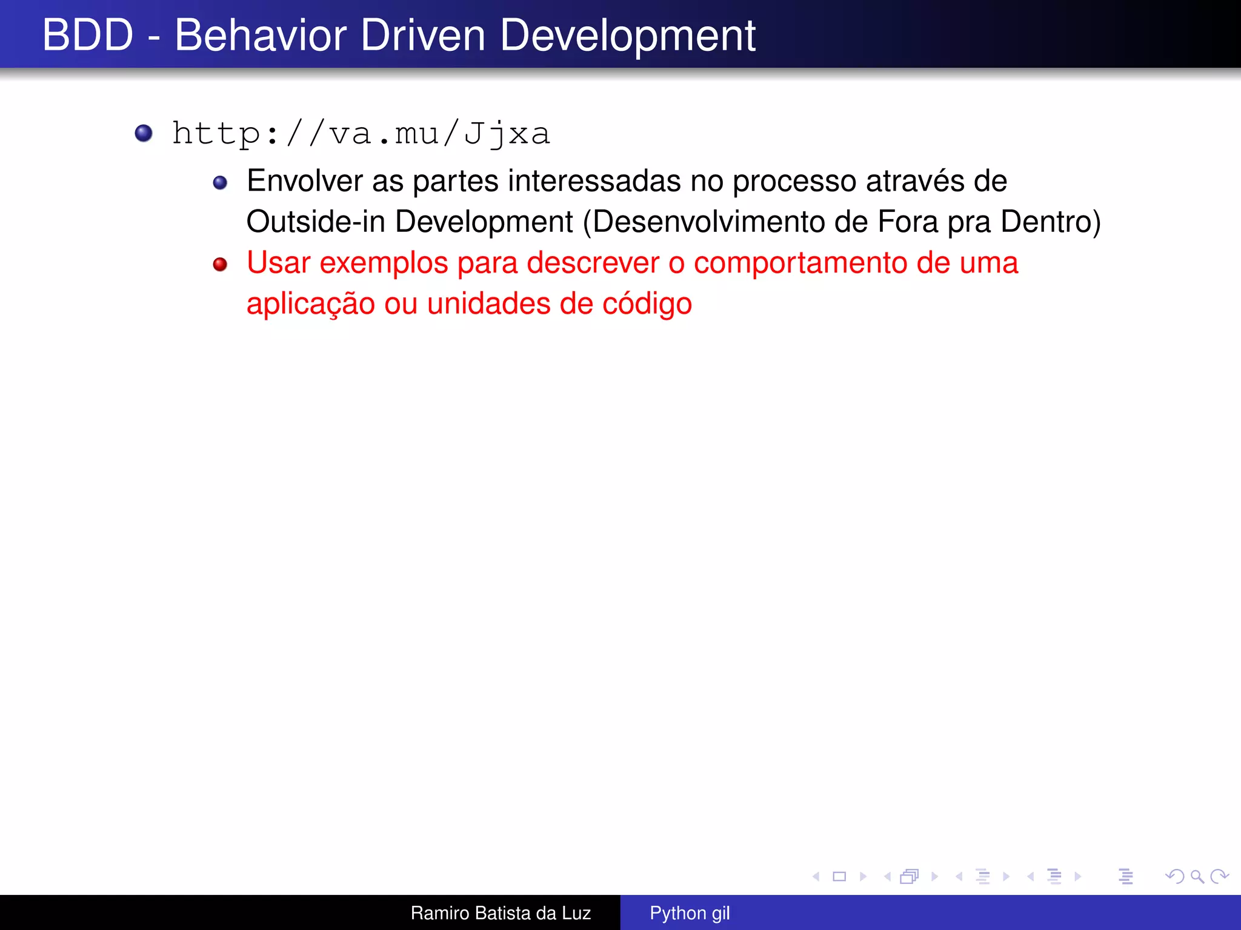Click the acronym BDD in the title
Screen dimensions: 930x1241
88,35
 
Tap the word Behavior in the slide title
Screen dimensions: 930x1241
261,35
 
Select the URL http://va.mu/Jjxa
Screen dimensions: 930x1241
361,134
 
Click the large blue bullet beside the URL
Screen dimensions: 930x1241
144,133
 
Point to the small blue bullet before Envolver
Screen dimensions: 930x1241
220,183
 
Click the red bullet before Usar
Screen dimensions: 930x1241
220,265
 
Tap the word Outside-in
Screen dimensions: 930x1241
316,222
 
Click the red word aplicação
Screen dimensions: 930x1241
310,304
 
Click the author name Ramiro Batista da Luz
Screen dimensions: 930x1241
501,913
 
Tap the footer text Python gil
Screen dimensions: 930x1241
690,913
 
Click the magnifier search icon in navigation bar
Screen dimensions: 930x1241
1197,876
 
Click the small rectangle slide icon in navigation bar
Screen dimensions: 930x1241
839,876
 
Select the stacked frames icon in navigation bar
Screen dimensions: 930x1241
909,876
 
